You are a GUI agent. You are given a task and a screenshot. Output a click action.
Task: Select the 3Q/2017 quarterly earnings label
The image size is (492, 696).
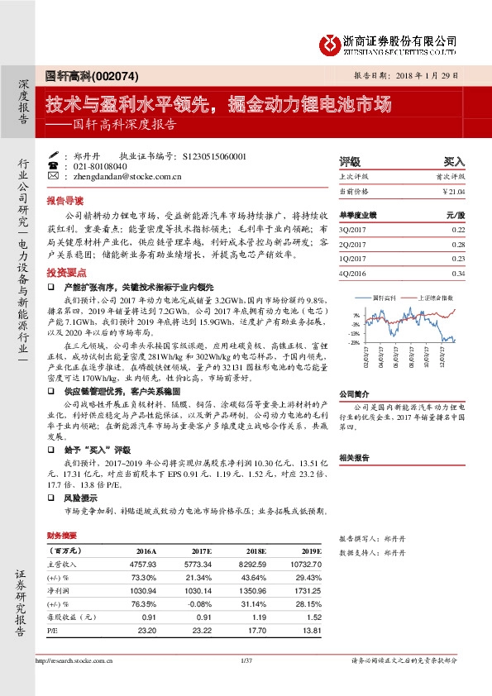(353, 229)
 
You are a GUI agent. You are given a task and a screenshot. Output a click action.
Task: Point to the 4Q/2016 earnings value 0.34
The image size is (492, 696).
(459, 274)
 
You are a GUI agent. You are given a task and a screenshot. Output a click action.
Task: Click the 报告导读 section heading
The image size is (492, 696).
(64, 200)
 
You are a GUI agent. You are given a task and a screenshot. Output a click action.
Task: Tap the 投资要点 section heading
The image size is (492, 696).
(64, 272)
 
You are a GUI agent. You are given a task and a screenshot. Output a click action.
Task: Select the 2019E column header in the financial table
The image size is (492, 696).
(311, 550)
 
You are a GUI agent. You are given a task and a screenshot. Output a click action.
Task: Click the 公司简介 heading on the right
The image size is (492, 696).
(354, 394)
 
